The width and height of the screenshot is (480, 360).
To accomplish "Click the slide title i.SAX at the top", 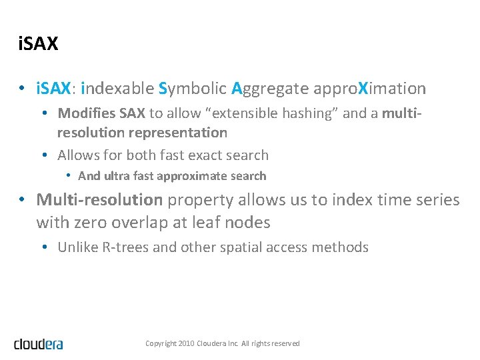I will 39,45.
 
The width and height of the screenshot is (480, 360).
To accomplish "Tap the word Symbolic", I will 193,88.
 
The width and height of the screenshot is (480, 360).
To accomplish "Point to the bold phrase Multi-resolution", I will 99,199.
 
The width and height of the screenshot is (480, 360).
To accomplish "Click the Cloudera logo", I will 39,343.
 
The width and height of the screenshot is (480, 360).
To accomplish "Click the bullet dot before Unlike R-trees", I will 43,247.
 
